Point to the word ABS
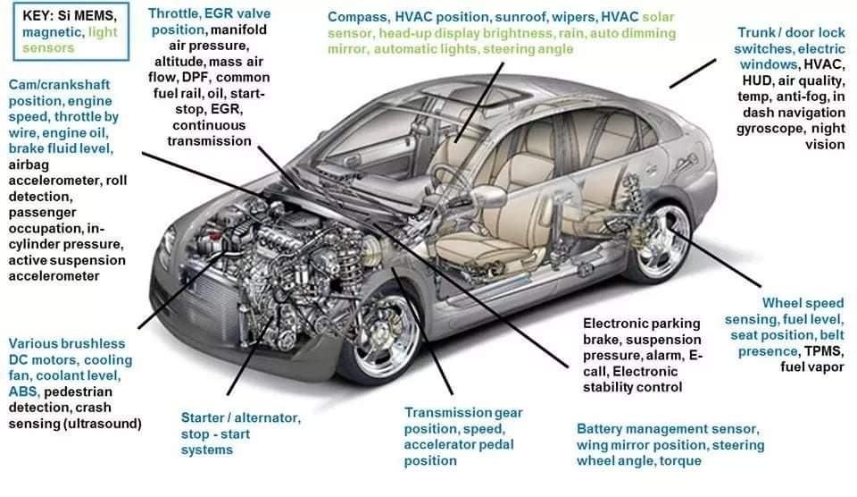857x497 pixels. [23, 392]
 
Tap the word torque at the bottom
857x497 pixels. [679, 461]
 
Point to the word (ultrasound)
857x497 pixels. [97, 423]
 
